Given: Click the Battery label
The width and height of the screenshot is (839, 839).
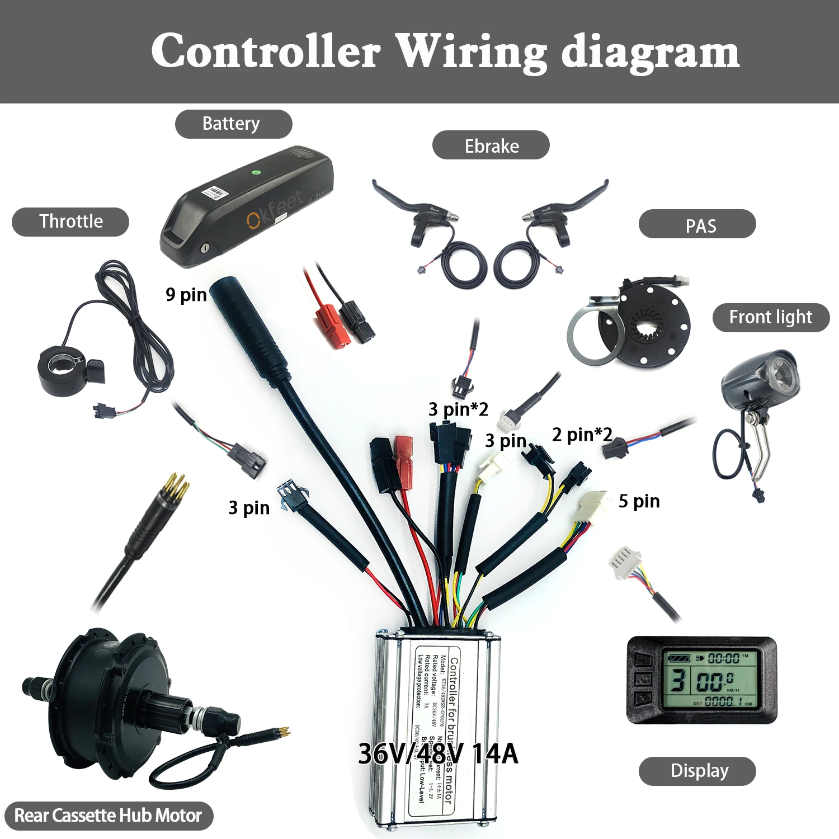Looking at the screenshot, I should [233, 124].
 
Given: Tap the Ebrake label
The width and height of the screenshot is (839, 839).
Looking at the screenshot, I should [491, 145].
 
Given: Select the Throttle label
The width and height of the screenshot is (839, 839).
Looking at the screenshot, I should [70, 221].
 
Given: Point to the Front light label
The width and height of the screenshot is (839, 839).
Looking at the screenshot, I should [770, 317].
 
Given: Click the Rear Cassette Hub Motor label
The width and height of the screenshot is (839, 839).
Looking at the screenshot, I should [108, 816].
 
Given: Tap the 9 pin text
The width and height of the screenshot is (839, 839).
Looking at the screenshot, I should [186, 294].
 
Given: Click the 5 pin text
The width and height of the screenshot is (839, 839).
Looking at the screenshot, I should [639, 501].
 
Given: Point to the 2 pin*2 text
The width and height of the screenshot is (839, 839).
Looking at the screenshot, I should [582, 434].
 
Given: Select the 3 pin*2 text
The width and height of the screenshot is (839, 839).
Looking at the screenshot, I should [458, 409].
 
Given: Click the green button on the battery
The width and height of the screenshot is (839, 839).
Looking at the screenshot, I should [256, 172].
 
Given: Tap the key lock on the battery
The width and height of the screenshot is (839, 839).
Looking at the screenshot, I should [205, 246].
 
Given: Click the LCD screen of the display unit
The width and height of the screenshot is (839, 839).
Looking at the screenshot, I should [710, 680].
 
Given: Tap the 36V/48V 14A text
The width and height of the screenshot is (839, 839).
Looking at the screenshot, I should [438, 753].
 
